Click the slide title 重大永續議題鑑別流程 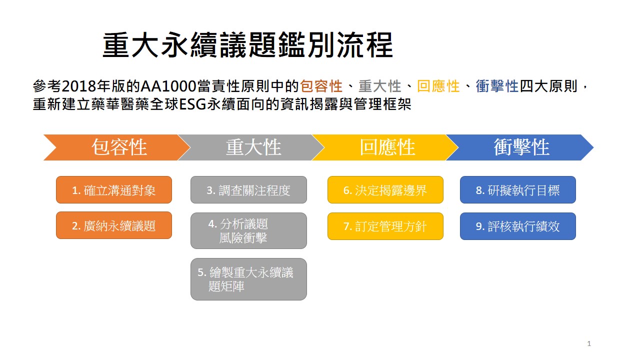point(247,45)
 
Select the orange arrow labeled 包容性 point(117,147)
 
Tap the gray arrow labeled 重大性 point(251,147)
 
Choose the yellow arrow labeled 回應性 point(385,147)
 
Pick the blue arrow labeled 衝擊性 point(520,147)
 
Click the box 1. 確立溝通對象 point(114,189)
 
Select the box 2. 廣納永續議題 point(114,225)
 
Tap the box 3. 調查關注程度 point(248,189)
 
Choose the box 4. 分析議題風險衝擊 point(248,230)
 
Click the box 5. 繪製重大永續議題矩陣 point(248,279)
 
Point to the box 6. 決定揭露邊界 point(385,189)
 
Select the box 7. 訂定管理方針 point(385,226)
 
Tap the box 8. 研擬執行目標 point(517,189)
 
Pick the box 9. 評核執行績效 point(517,226)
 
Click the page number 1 point(589,343)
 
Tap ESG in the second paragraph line point(193,104)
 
